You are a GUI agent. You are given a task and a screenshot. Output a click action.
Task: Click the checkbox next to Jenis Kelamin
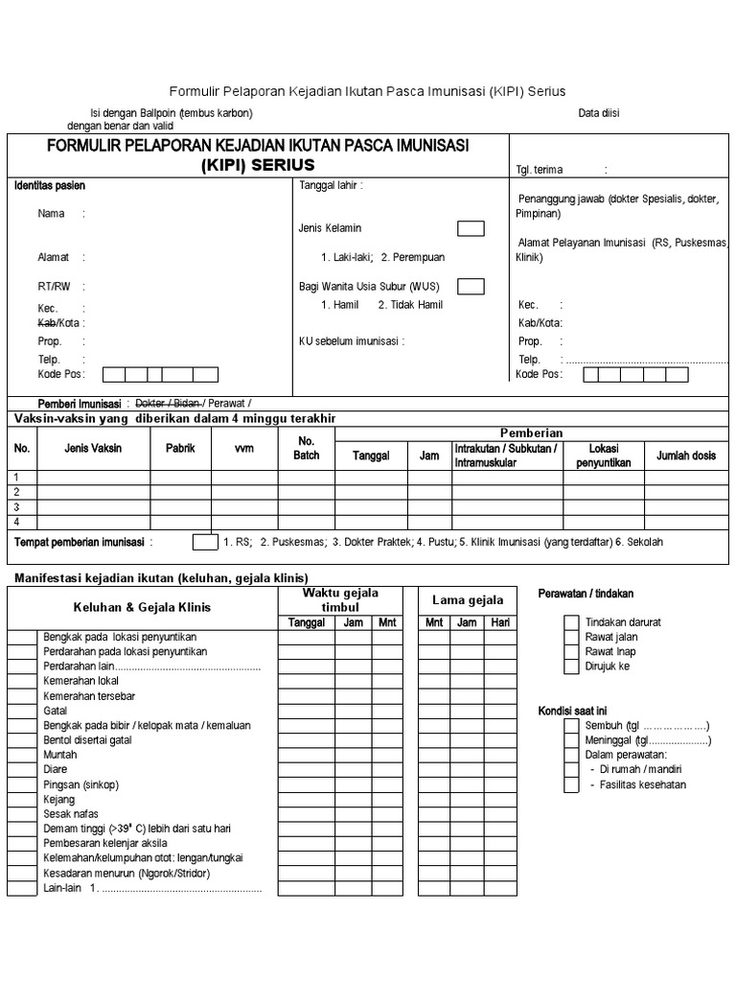(x=471, y=228)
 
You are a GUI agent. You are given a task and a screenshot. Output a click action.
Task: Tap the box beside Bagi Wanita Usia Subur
(x=471, y=286)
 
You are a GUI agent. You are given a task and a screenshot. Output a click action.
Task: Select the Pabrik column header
(x=180, y=448)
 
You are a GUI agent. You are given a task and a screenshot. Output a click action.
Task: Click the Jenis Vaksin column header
(x=93, y=448)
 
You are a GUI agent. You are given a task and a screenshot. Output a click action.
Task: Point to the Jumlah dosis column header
(x=686, y=456)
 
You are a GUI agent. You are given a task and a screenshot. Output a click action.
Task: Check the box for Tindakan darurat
(x=571, y=622)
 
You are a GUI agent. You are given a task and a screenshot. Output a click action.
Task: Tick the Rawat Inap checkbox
(x=571, y=651)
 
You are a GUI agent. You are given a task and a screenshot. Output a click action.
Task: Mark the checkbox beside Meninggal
(x=571, y=740)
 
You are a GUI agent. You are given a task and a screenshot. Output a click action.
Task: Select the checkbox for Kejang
(x=23, y=799)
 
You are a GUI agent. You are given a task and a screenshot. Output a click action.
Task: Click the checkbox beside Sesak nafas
(x=23, y=814)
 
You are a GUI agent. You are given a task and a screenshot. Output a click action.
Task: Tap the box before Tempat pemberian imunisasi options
(x=205, y=542)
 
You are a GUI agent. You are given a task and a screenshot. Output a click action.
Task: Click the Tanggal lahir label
(x=332, y=185)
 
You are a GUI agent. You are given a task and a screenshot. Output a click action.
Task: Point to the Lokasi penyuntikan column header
(x=604, y=456)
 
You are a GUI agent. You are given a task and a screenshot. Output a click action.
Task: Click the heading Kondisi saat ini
(x=573, y=711)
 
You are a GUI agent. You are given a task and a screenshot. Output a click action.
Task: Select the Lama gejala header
(x=468, y=600)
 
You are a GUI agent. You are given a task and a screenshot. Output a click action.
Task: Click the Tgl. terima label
(x=540, y=170)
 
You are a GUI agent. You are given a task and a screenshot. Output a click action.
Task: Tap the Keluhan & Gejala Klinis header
(x=142, y=607)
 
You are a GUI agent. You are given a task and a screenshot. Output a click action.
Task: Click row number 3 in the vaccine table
(x=16, y=507)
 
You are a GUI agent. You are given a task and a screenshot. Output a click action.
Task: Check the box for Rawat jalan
(x=571, y=637)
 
